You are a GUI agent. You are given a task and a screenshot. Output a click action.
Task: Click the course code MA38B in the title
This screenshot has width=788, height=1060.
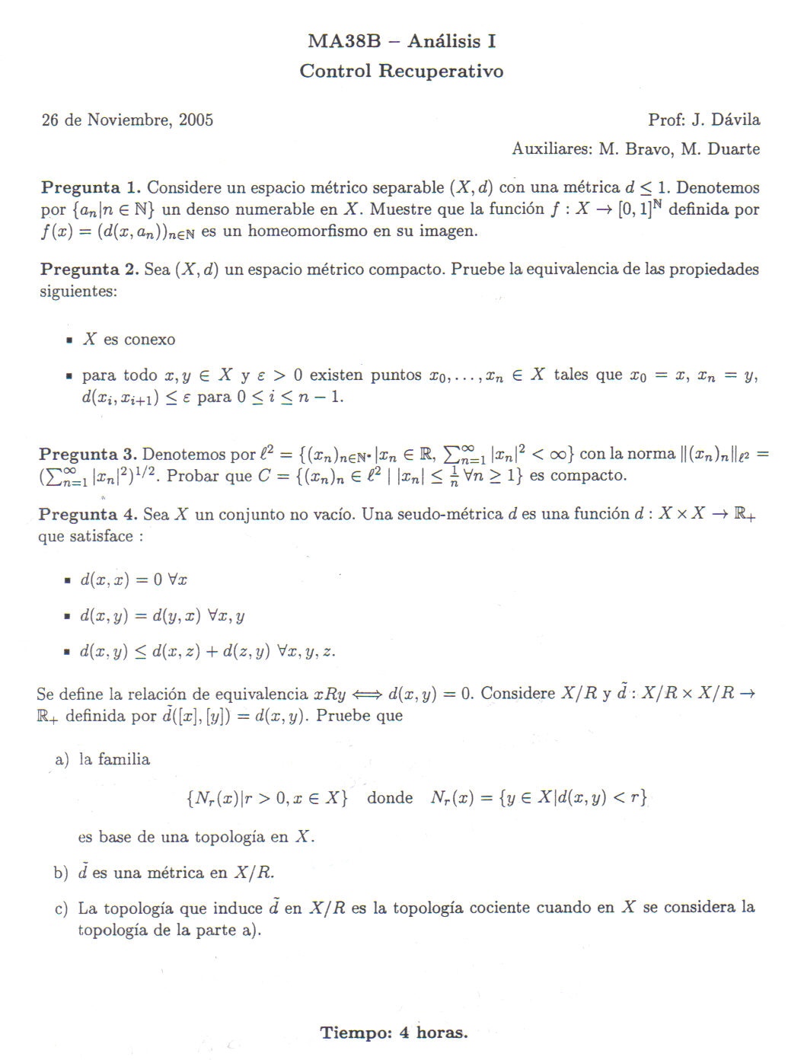[344, 41]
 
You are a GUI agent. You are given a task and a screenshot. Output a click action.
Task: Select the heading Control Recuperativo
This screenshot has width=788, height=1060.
[401, 71]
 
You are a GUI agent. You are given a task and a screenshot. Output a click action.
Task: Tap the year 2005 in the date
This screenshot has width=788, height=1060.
[196, 120]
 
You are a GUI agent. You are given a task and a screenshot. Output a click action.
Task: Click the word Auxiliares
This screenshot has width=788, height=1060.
[552, 148]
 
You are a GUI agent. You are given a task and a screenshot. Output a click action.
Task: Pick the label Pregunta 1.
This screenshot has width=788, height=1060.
[91, 187]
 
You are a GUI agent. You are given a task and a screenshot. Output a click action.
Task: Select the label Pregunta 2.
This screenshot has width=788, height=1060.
[90, 269]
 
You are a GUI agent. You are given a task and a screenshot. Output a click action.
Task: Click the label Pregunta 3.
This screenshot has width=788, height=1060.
[88, 455]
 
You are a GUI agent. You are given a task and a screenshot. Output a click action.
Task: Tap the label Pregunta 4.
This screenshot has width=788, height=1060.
[88, 515]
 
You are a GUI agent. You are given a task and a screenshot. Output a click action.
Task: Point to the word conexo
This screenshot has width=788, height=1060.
[149, 340]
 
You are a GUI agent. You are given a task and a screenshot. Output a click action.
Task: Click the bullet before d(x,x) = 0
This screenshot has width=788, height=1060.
[69, 581]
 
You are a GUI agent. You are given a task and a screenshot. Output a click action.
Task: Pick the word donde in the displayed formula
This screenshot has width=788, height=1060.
[390, 797]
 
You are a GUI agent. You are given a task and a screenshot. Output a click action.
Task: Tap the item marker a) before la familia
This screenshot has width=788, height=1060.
[62, 759]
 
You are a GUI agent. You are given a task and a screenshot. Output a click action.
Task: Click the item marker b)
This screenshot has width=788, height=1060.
[62, 873]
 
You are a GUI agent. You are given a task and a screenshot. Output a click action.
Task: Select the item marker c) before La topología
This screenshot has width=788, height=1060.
[62, 908]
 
